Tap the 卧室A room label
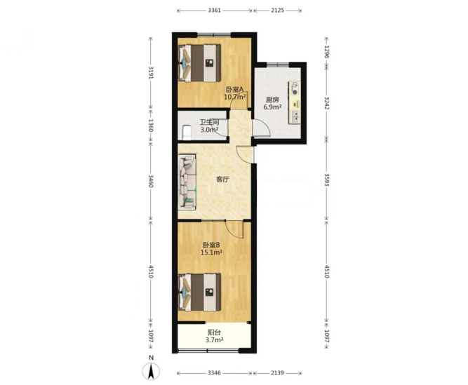[234, 89]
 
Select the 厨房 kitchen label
[272, 100]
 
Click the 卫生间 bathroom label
[209, 123]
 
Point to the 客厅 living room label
[222, 180]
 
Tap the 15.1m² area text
[211, 252]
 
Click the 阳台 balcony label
[214, 332]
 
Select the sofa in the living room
[187, 182]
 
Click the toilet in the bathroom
[187, 133]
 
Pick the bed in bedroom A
[199, 63]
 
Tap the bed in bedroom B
[199, 292]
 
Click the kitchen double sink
[295, 116]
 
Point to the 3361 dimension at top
[214, 11]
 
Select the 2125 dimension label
[277, 11]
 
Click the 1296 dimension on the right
[326, 52]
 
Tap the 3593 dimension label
[326, 180]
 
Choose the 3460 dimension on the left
[151, 181]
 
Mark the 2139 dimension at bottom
[277, 373]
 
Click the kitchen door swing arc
[267, 126]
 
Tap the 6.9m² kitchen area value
[272, 107]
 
